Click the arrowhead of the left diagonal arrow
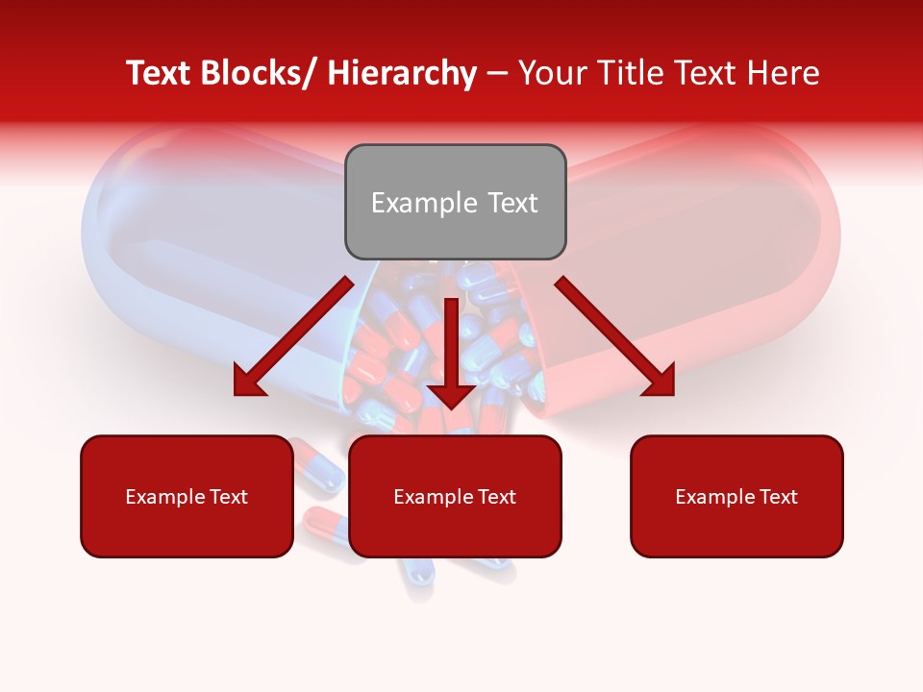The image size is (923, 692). (x=248, y=382)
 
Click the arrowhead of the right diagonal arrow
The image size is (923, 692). (x=660, y=382)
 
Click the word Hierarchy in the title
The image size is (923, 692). (x=402, y=74)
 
